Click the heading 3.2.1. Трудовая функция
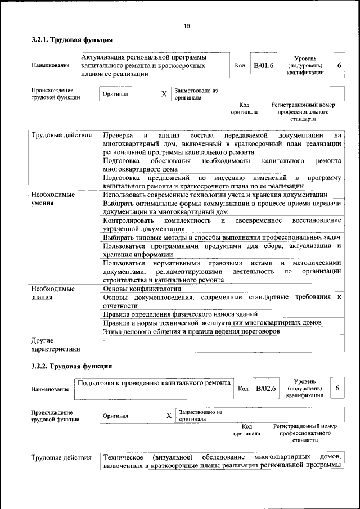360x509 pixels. pos(71,40)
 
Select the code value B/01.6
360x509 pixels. pos(263,66)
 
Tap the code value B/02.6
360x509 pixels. pos(266,388)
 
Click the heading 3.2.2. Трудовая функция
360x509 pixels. pos(71,367)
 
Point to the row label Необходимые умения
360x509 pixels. pos(53,199)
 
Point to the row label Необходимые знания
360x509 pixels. pos(53,293)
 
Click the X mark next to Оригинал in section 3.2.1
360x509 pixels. pos(164,94)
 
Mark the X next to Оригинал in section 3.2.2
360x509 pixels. pos(168,416)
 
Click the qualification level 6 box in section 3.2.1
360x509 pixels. pos(339,66)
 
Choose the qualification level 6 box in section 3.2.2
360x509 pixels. pos(337,388)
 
